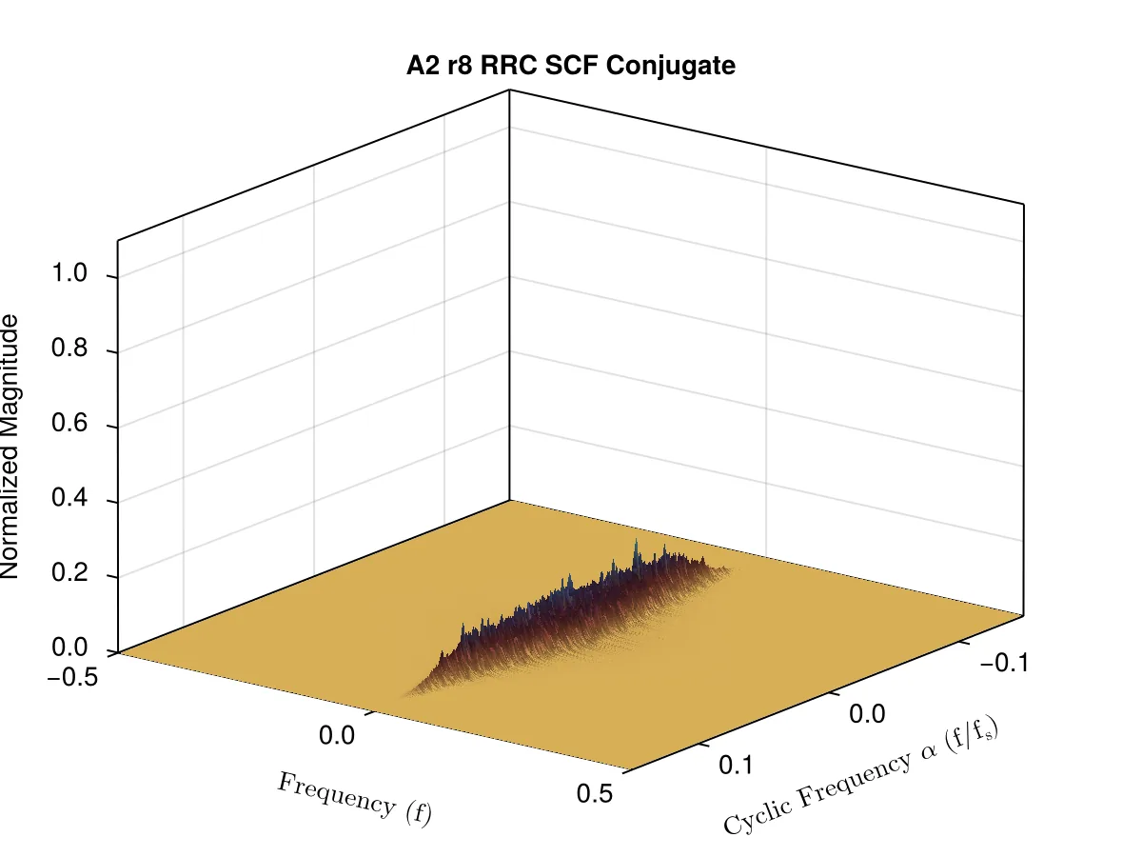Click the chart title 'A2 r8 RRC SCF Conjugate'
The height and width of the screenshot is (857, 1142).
click(571, 66)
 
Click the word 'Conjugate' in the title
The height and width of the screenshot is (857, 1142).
click(671, 66)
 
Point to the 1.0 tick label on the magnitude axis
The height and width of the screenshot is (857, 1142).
click(69, 272)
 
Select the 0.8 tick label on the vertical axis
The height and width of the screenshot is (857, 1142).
click(69, 347)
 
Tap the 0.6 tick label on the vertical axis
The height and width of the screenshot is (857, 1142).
click(69, 422)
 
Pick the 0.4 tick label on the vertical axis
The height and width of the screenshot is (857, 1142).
click(69, 497)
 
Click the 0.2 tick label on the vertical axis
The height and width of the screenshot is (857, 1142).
click(69, 572)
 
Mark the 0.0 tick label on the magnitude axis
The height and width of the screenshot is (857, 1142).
click(69, 647)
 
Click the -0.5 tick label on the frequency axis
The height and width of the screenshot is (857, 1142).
click(72, 677)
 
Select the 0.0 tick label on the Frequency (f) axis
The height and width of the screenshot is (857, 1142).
click(337, 735)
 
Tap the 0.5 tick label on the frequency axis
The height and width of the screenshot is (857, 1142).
click(595, 793)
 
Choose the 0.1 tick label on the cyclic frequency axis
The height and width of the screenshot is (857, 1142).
click(736, 765)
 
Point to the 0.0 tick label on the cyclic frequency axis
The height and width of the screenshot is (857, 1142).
click(867, 714)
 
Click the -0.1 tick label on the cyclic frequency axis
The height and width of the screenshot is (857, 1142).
click(1004, 663)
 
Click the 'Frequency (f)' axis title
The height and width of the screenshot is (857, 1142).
click(354, 799)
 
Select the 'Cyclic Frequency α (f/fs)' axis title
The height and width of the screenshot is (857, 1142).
click(861, 775)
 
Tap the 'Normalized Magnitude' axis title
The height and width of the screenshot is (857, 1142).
click(10, 446)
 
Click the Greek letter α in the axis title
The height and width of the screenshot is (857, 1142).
click(928, 749)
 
